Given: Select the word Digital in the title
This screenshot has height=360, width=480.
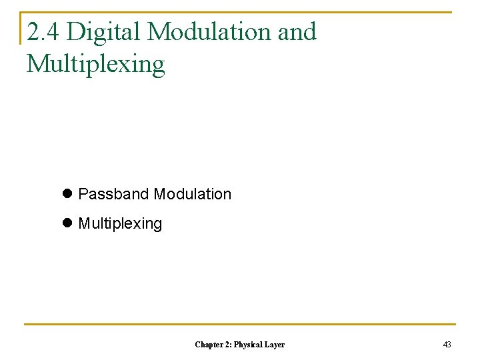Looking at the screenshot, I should point(104,31).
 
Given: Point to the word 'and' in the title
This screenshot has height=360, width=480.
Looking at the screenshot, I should point(297,31).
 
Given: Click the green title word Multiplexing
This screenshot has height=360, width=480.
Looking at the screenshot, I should point(95,65).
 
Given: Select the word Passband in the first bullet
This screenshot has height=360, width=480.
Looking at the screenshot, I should point(114,194).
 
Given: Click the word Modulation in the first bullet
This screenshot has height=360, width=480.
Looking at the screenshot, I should point(193,194).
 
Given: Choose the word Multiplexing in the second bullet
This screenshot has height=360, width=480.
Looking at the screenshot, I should point(120,223).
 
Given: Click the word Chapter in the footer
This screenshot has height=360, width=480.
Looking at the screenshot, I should point(209,345).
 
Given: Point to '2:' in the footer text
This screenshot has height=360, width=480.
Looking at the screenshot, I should point(229,345).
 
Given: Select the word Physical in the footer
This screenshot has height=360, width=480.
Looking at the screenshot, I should point(250,345).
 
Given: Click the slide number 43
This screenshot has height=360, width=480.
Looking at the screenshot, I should point(447,345).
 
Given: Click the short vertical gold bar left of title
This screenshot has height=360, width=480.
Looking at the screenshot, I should point(21,28).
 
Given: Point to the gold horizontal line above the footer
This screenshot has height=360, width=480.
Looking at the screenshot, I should point(240,325).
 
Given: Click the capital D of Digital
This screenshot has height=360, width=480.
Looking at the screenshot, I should point(75,31).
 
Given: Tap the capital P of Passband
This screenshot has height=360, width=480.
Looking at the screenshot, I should point(83,194).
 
